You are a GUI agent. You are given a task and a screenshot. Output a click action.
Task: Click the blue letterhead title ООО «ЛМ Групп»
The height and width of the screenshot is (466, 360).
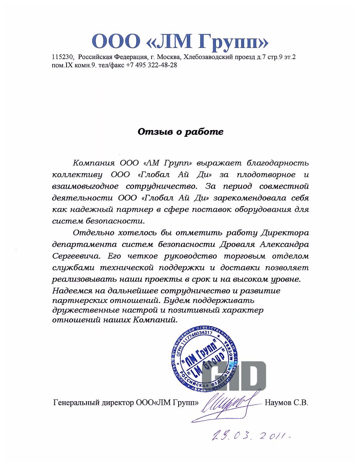180,42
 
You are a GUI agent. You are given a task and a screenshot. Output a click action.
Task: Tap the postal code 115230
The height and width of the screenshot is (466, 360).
63,57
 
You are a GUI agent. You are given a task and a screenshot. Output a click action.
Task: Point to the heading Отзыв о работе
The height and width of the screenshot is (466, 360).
180,132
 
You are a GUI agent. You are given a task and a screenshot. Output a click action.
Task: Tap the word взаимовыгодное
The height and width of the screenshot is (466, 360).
85,186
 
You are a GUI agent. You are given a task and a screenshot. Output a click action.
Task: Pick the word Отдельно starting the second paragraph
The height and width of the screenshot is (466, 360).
90,233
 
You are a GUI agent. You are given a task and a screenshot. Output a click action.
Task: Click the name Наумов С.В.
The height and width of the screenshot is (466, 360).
286,403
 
